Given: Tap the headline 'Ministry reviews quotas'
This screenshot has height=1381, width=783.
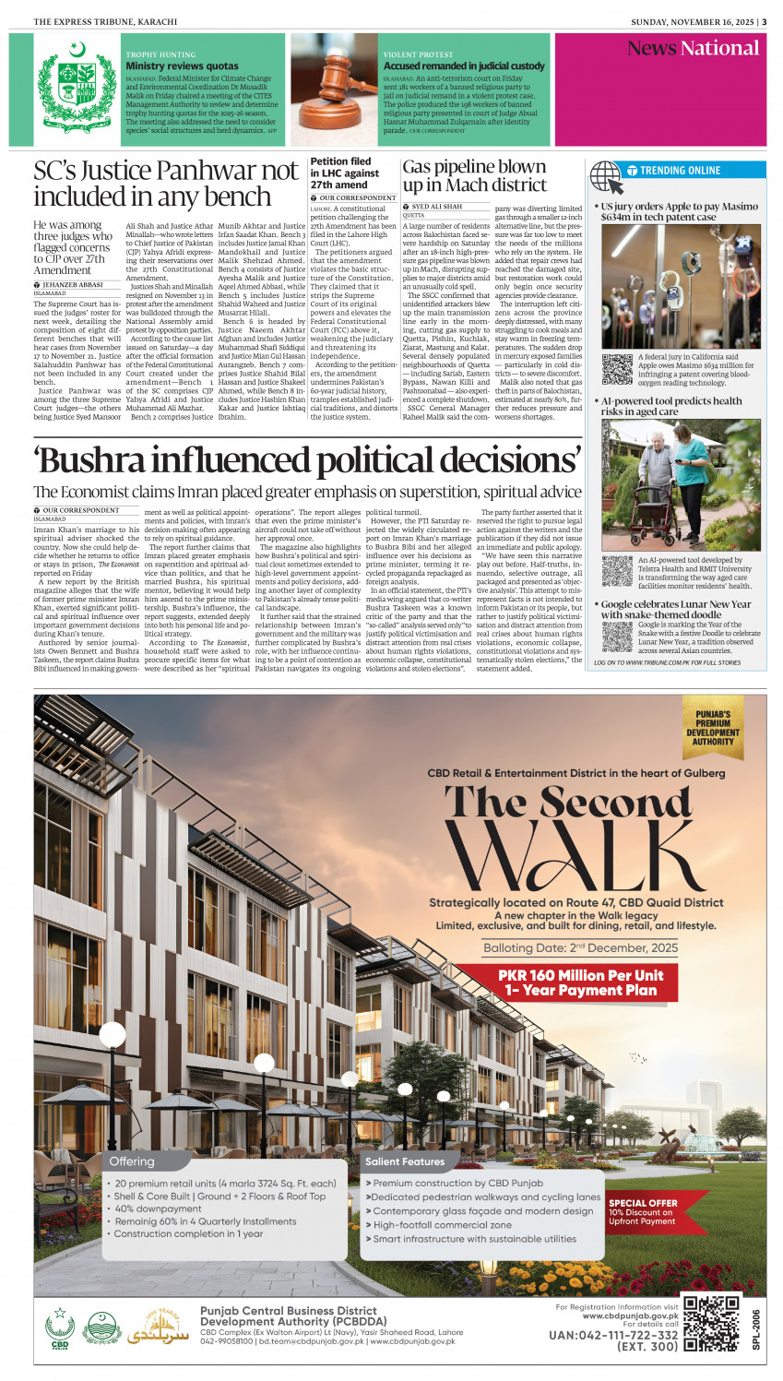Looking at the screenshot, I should click(x=182, y=66).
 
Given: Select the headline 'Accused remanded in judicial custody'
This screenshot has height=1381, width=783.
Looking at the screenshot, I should click(x=464, y=66).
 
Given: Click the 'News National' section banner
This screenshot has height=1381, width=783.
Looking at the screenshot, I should click(x=692, y=49).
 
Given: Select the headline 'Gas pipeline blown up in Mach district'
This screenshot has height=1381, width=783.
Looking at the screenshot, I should click(x=474, y=175).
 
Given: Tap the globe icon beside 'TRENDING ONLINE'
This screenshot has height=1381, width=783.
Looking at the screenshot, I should click(x=605, y=173).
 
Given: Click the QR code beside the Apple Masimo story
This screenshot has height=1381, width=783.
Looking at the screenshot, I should click(x=617, y=369).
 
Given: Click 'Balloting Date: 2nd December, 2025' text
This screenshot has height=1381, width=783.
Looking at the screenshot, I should click(x=580, y=947).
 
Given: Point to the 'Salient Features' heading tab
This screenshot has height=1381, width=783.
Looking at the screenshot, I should click(x=404, y=1161).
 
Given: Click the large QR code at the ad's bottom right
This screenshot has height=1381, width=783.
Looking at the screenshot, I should click(x=711, y=1323).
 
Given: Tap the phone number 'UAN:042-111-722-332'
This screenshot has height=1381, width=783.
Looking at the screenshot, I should click(x=612, y=1335).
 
